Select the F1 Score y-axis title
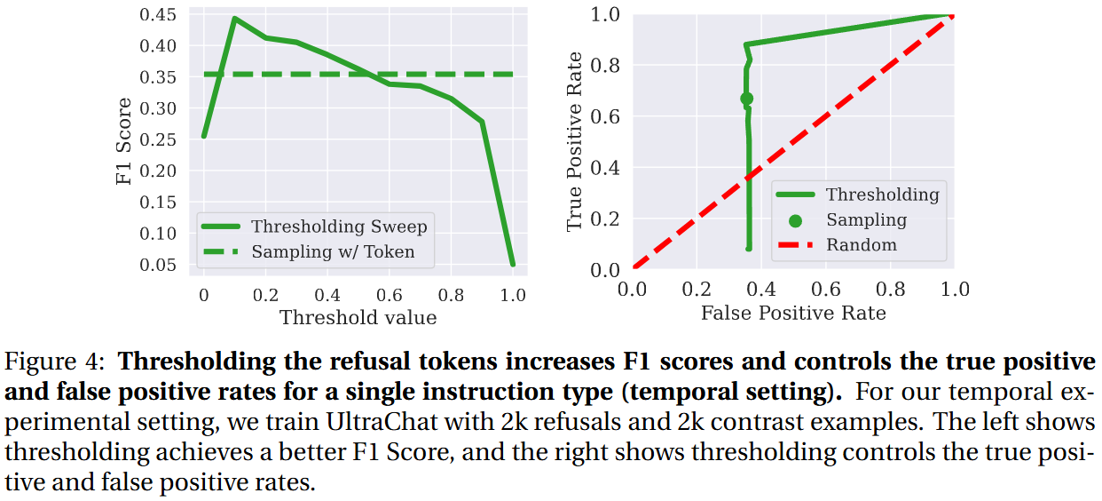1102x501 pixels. (124, 141)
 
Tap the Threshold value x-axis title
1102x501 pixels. (358, 317)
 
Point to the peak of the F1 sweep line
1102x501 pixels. (234, 18)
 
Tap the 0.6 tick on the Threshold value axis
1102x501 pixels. (389, 295)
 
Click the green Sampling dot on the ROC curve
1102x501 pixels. (747, 99)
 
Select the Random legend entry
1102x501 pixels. (861, 245)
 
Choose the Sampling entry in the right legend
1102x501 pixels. (866, 219)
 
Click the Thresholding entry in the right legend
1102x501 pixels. (881, 195)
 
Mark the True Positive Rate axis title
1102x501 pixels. (575, 141)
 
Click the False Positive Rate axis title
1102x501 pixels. (793, 313)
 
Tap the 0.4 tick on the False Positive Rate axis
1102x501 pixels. (761, 290)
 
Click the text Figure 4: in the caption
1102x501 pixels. (55, 362)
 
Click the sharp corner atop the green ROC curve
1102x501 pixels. (745, 44)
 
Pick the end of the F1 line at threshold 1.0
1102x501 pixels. (513, 264)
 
